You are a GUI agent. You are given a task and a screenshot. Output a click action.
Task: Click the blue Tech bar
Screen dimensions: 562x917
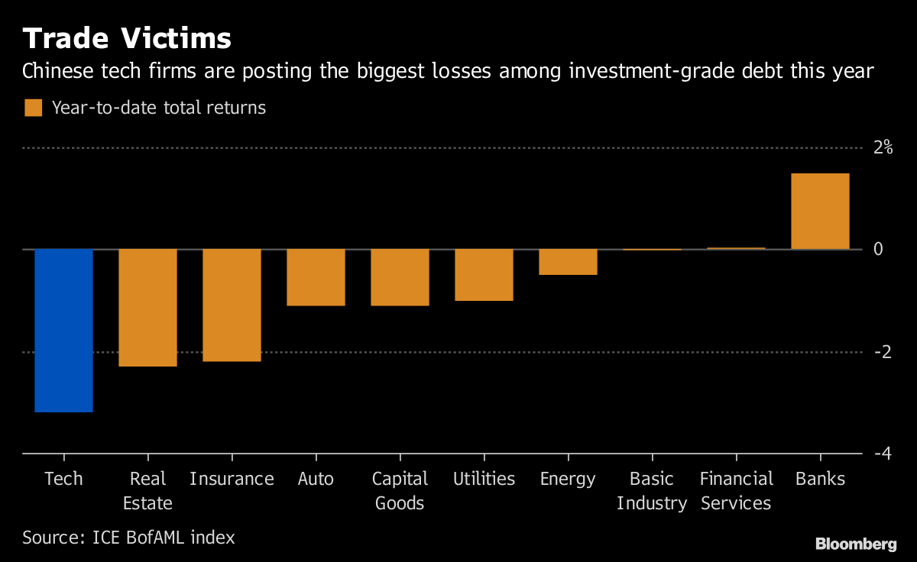click(x=63, y=331)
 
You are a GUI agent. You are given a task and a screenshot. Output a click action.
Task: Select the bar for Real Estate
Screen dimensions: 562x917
click(x=147, y=308)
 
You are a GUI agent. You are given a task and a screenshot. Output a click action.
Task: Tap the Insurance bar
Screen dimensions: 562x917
click(x=232, y=305)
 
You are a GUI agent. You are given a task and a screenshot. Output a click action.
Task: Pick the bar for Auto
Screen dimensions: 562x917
click(x=316, y=277)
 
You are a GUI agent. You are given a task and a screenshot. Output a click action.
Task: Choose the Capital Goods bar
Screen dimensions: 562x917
click(x=400, y=277)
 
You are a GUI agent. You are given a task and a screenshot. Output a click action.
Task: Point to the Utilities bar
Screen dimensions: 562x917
click(x=484, y=275)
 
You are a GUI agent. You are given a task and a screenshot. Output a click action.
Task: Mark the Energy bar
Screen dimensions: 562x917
click(x=568, y=262)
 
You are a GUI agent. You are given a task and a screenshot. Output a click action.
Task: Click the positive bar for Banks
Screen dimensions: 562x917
click(x=820, y=212)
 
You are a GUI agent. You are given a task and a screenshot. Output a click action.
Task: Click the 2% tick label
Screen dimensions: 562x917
click(x=883, y=147)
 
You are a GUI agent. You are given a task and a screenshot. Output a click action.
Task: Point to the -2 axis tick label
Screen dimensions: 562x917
click(x=883, y=352)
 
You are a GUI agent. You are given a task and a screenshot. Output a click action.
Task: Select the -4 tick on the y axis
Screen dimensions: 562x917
click(x=883, y=454)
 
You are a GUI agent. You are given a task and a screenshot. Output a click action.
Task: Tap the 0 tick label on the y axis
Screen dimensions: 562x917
click(x=878, y=250)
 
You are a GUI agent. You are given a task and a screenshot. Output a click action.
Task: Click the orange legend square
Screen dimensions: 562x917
click(x=33, y=108)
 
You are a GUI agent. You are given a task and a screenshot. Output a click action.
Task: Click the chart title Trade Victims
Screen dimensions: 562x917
click(x=127, y=37)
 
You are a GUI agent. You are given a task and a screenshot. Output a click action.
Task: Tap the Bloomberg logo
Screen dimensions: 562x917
click(x=856, y=544)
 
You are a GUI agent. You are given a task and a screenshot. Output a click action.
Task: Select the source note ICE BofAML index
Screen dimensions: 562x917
click(x=128, y=538)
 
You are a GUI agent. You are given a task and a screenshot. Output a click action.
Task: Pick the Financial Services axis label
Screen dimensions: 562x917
click(x=737, y=491)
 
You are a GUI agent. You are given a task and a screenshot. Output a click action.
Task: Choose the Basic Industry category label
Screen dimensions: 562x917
click(x=652, y=491)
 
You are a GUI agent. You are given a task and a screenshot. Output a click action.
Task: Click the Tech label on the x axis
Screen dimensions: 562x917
click(x=63, y=479)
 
